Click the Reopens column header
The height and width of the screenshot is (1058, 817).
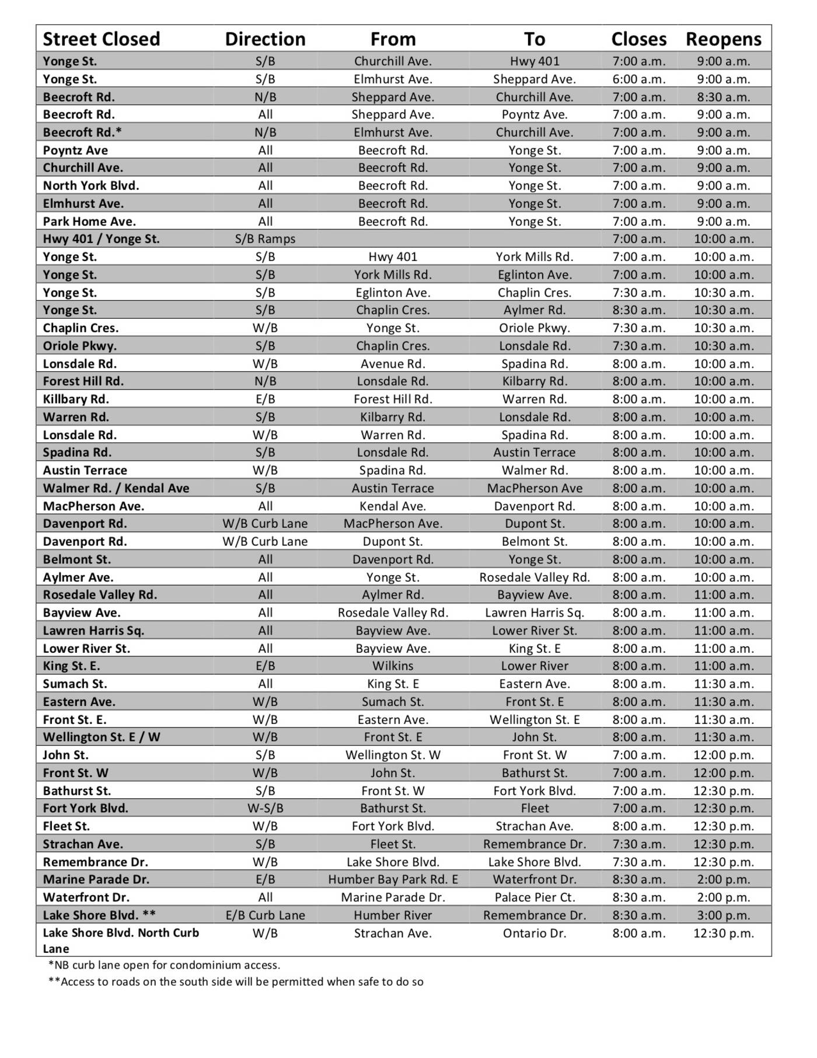(x=723, y=39)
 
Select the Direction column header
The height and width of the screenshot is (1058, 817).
(x=265, y=39)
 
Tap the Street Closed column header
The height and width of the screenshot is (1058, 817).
(x=101, y=39)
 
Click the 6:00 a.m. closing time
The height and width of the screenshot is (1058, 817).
(x=638, y=79)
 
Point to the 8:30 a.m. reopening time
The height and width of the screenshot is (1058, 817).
(x=723, y=97)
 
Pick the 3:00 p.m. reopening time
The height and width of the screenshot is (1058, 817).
(x=723, y=915)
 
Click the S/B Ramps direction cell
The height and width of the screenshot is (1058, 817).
(x=265, y=239)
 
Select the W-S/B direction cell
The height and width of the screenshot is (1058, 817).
(x=265, y=808)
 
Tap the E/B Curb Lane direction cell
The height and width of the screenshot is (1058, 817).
(x=265, y=915)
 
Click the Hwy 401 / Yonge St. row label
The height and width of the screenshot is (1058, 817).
(x=101, y=239)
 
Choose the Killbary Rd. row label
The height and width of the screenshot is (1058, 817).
(x=76, y=399)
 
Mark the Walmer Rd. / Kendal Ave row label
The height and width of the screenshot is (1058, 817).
(x=116, y=488)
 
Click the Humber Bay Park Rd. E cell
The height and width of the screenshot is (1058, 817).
(x=393, y=879)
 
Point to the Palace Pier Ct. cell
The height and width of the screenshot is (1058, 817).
(x=535, y=897)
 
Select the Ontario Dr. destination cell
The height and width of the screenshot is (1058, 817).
(x=535, y=933)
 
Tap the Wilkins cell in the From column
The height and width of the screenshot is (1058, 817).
(x=393, y=666)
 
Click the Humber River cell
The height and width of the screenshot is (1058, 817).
(x=393, y=915)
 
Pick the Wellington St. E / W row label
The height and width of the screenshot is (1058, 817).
(x=101, y=737)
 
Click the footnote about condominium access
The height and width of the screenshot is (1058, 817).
(x=164, y=965)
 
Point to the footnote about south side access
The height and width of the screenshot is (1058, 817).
(x=236, y=982)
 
